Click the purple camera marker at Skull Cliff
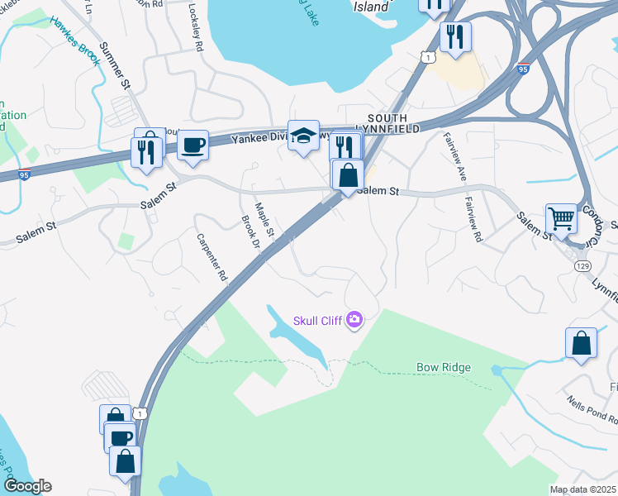(354, 319)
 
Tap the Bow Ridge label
(443, 367)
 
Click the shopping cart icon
(561, 219)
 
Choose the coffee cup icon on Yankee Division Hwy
(193, 145)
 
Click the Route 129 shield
(582, 265)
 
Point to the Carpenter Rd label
(211, 258)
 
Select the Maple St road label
(264, 217)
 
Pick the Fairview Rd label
(473, 223)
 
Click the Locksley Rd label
(196, 29)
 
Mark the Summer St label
(115, 66)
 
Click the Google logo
(26, 486)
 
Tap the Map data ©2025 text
(582, 489)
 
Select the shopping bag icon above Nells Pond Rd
(581, 344)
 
